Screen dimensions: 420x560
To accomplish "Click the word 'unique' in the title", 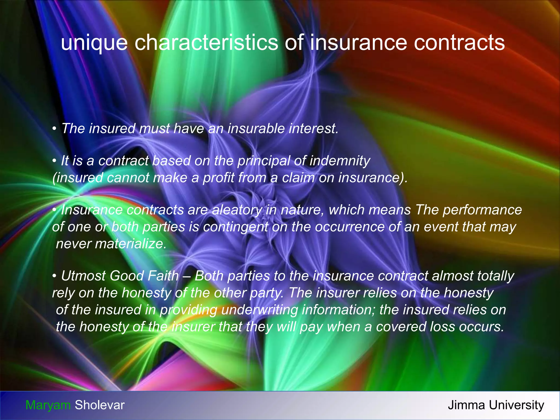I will (x=94, y=43).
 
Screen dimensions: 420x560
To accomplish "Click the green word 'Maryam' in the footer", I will (x=48, y=405).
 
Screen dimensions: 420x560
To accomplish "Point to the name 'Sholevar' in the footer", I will (x=100, y=405).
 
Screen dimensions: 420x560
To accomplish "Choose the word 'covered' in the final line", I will (x=401, y=327).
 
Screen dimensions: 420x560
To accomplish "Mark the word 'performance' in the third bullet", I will (x=482, y=210).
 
